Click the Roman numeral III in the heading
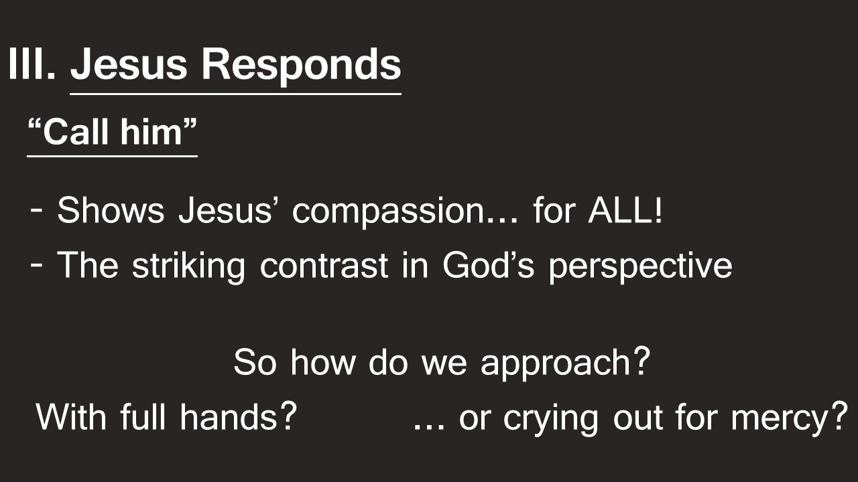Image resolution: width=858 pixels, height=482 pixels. (30, 65)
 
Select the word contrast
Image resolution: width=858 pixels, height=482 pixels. (324, 266)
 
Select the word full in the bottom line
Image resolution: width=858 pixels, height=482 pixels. (145, 418)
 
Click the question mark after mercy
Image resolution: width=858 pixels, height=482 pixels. (839, 417)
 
